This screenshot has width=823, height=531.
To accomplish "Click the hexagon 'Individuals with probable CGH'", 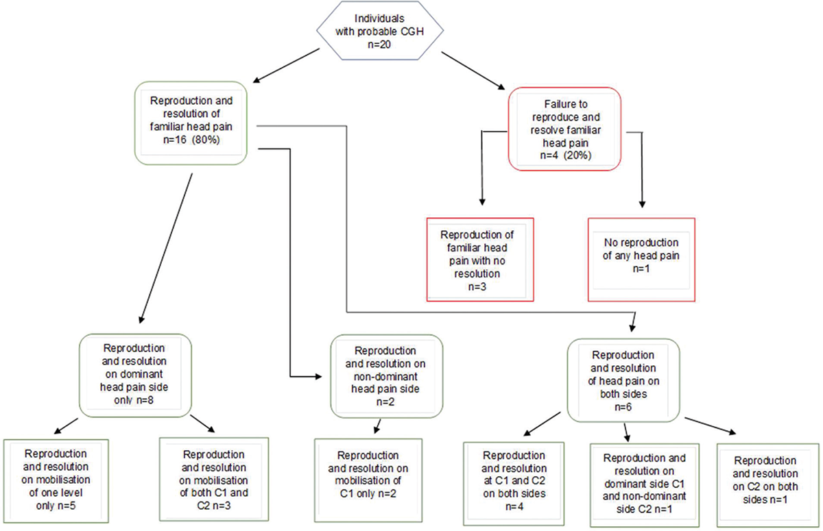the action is pos(380,30).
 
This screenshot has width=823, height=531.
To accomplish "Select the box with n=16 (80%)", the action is pos(191,123).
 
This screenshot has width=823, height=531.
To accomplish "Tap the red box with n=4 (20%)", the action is pos(564,129).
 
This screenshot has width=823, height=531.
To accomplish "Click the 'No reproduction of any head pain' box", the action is pos(641,260).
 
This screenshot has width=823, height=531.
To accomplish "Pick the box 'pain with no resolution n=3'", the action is pos(480,260).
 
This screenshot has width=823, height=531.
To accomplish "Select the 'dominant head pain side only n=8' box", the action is pos(135,375).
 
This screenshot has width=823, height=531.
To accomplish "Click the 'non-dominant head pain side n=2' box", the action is pos(387,376).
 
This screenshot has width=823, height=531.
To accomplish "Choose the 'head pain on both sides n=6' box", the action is pos(623,380).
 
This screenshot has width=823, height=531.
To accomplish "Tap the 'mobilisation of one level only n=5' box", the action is pos(56,481).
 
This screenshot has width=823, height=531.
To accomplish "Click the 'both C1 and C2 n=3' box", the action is pos(214,479).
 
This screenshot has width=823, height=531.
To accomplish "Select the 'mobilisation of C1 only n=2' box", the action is pos(368,480).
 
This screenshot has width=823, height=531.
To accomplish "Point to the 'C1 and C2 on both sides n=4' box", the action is pos(514,484).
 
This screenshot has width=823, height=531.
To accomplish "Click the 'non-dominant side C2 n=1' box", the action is pos(645,485).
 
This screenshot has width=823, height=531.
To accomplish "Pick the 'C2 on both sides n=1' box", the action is pos(768,485).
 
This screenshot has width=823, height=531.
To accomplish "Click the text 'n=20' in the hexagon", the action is pos(379,45).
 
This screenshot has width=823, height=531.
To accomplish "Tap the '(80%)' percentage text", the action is pos(205,140).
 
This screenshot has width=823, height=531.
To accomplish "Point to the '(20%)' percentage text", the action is pos(577,156).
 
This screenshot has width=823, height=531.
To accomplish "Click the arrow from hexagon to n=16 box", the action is pos(286,66).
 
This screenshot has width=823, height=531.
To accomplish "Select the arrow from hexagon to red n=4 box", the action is pos(473,71).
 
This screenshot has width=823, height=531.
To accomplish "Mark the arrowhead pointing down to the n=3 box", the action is pos(482,202).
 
